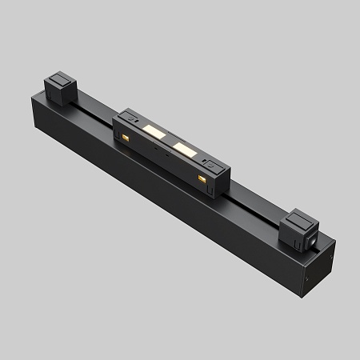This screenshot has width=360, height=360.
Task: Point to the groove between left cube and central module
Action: [93, 105]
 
